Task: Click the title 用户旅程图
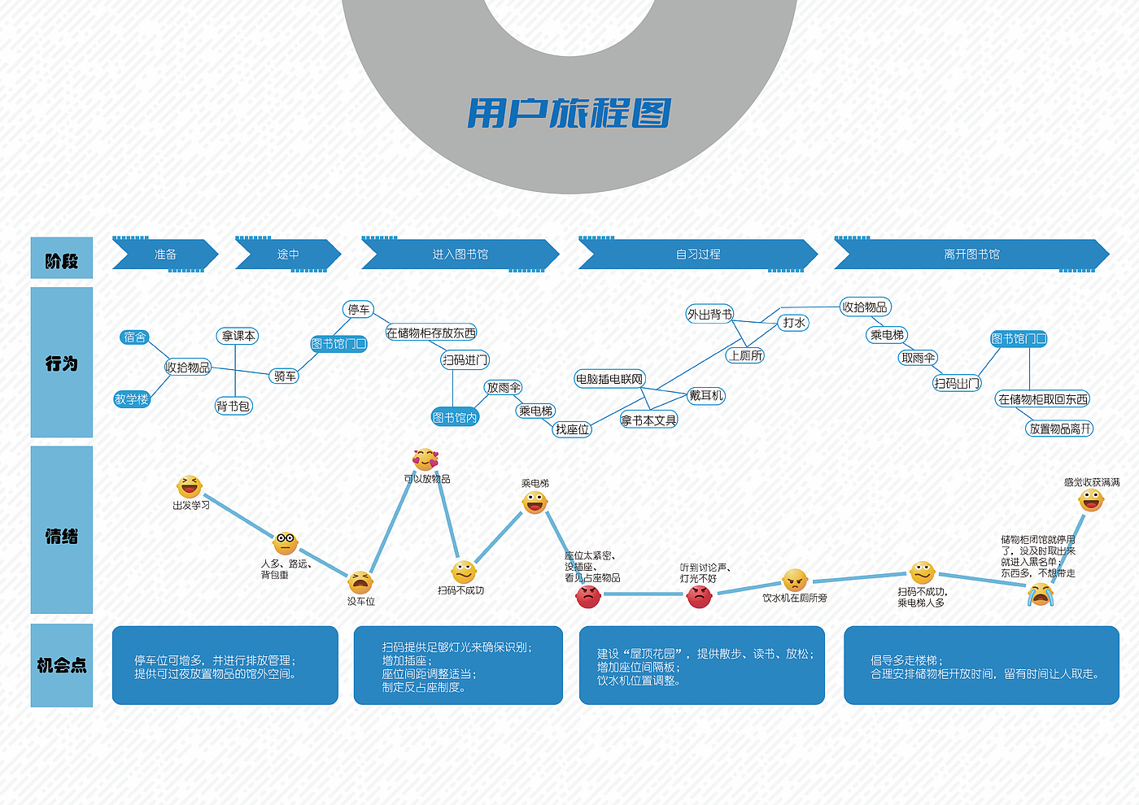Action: coord(569,113)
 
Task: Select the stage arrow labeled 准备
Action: coord(165,255)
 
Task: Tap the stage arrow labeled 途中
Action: coord(288,255)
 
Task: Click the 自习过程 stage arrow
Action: coord(698,255)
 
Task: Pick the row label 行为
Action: coord(62,363)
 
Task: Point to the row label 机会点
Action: coord(62,665)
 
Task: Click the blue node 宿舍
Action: coord(135,337)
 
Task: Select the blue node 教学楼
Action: coord(132,399)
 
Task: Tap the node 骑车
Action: coord(285,376)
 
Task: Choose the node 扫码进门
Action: coord(465,360)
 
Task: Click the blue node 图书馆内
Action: coord(455,418)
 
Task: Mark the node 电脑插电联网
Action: coord(609,379)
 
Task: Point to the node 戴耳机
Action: coord(706,396)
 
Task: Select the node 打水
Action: coord(794,323)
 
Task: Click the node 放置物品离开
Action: coord(1060,429)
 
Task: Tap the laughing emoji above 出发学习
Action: coord(190,486)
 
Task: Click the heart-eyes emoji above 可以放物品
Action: coord(425,459)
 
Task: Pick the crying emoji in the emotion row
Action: coord(1041,595)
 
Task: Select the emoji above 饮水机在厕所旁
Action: coord(795,580)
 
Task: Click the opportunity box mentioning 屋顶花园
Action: coord(701,665)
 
